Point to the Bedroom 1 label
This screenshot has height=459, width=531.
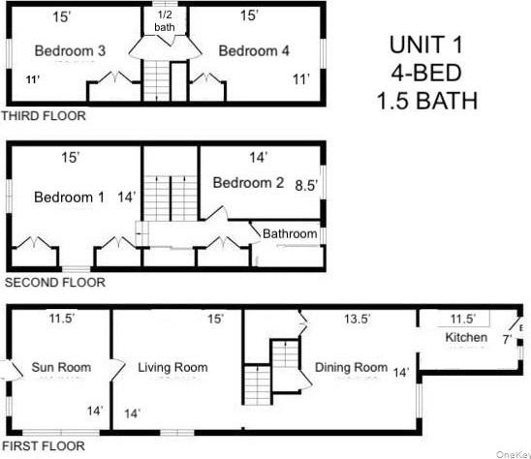(69, 198)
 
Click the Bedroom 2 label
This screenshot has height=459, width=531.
(249, 182)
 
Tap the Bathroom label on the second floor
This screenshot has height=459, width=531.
(290, 234)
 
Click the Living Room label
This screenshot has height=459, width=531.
(172, 368)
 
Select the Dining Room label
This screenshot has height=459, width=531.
(351, 368)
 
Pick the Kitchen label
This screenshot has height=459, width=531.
(466, 338)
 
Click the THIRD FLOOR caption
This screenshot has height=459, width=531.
(44, 116)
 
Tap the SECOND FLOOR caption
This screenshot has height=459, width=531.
(54, 284)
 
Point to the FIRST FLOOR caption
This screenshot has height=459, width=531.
(44, 446)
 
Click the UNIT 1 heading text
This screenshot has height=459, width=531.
(421, 46)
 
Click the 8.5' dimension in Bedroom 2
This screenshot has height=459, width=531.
(306, 183)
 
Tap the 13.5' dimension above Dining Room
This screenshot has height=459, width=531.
(355, 319)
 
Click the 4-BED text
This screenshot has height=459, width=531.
(421, 74)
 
